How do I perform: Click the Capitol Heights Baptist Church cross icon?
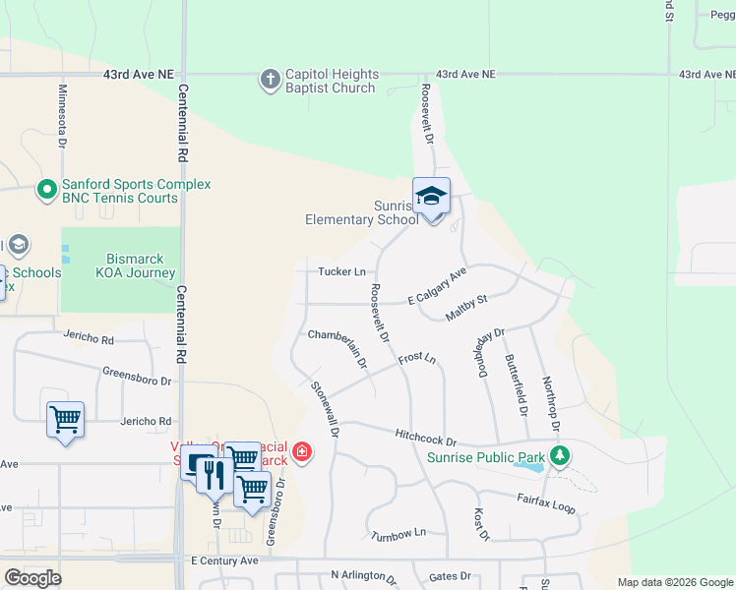point(271,80)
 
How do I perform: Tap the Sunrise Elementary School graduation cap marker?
point(431,198)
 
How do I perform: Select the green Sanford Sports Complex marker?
point(45,190)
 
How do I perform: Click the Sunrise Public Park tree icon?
point(560,456)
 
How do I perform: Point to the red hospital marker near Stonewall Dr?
point(302,452)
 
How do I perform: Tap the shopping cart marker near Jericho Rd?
point(65,420)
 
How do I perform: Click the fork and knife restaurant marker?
point(215,475)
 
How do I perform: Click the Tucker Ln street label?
point(341,271)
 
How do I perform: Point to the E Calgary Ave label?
point(436,286)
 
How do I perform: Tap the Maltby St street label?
point(466,307)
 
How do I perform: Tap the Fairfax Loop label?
point(546,503)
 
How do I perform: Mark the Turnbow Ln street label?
point(399,533)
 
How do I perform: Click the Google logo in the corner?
point(32,577)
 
